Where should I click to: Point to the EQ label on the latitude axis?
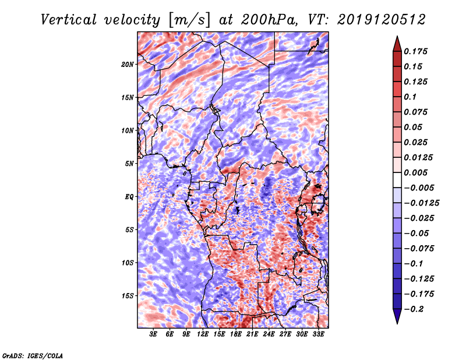click(x=129, y=197)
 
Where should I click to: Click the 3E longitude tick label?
click(x=154, y=334)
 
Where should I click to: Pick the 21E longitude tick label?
click(x=252, y=334)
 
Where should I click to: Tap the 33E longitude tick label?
click(x=318, y=334)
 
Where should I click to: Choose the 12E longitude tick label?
click(x=203, y=334)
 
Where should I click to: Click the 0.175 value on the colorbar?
click(x=417, y=51)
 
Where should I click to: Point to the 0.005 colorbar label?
click(x=417, y=172)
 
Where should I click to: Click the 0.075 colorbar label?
click(x=417, y=112)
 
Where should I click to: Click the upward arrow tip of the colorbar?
click(x=397, y=38)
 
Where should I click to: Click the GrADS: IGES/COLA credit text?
click(x=32, y=354)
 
